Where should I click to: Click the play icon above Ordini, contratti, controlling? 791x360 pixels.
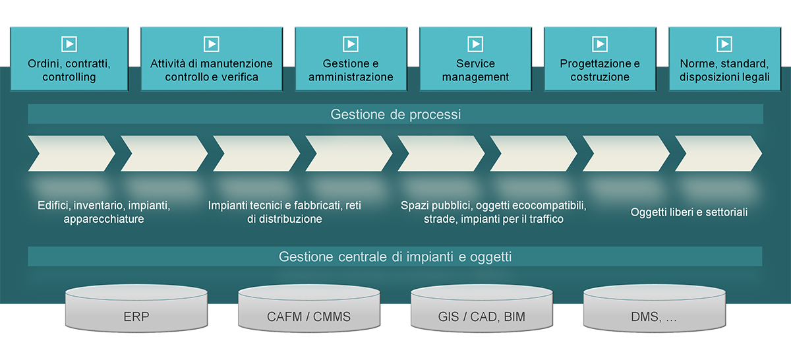(69, 44)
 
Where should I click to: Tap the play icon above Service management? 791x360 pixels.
(475, 44)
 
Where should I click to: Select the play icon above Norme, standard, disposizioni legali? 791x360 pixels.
(724, 44)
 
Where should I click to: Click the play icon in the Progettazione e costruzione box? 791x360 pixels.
(600, 44)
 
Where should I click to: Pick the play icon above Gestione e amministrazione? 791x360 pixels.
(351, 44)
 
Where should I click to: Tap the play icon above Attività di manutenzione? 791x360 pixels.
(212, 44)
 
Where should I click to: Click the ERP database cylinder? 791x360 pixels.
(136, 308)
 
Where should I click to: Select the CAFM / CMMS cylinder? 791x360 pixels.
(309, 308)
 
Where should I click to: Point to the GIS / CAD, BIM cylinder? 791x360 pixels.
(482, 308)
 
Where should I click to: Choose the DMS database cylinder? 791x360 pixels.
(655, 308)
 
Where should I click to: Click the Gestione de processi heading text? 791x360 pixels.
(395, 115)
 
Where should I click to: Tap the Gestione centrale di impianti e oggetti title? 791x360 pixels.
(395, 257)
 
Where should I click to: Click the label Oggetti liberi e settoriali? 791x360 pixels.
(689, 212)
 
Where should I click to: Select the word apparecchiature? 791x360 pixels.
(104, 219)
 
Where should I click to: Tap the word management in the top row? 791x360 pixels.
(475, 77)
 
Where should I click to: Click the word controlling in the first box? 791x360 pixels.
(69, 77)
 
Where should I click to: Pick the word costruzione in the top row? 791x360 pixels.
(600, 77)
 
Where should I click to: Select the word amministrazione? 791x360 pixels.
(351, 77)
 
